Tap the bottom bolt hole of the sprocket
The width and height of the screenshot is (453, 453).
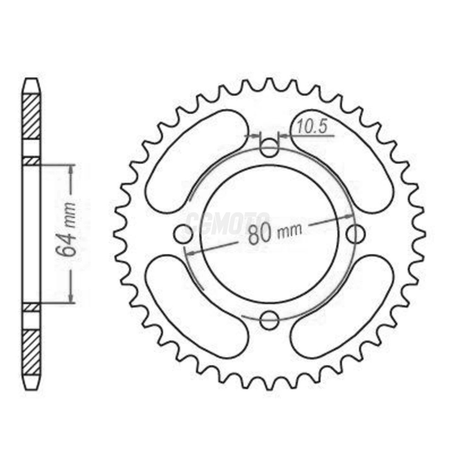coord(269,321)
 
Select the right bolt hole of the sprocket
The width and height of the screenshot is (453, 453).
coord(355,234)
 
